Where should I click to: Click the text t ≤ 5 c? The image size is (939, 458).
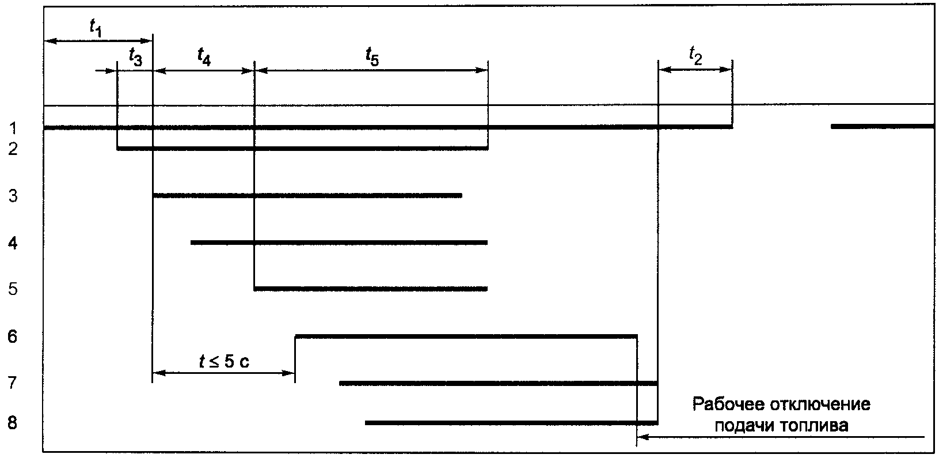[224, 362]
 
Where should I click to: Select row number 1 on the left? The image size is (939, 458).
[13, 127]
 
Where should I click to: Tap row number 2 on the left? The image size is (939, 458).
[13, 149]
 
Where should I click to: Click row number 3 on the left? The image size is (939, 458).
[13, 196]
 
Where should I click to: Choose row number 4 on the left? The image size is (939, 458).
[13, 243]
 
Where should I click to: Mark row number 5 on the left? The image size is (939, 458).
[13, 289]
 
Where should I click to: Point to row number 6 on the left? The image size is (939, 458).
[13, 335]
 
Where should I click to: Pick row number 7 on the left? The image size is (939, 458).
[13, 383]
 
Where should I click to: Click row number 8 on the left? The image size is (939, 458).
[13, 423]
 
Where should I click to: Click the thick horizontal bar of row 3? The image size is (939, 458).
[307, 196]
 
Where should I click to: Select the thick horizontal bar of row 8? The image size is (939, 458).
[511, 423]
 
